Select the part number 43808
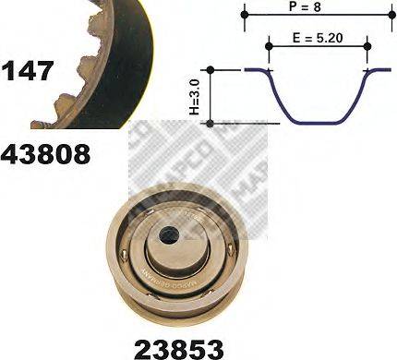46,152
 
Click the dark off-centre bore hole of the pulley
169,236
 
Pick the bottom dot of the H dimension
211,122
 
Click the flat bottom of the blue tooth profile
318,119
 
